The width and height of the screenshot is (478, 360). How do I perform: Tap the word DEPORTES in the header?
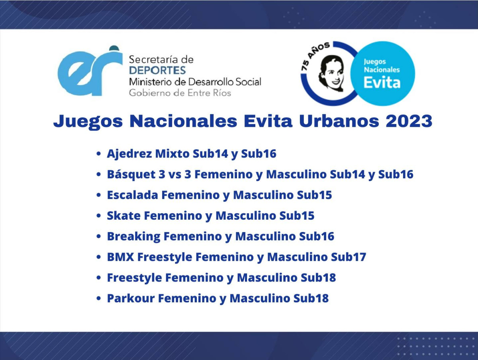tap(157, 70)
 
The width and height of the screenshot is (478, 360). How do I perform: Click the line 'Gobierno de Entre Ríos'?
tap(180, 93)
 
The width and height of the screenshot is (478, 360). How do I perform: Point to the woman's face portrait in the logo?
tap(332, 73)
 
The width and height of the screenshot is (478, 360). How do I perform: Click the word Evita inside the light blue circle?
tap(382, 83)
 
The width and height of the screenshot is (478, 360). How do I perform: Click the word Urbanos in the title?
tap(339, 121)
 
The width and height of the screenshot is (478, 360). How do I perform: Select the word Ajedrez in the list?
tap(129, 154)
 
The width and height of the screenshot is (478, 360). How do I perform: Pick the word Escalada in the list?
tap(132, 195)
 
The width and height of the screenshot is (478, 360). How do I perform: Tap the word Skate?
tap(124, 216)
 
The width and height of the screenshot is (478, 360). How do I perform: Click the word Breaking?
tap(133, 237)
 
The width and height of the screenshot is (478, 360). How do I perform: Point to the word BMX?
tap(120, 257)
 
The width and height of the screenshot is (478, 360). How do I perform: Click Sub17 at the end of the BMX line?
tap(349, 257)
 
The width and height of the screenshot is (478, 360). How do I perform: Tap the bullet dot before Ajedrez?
tap(98, 153)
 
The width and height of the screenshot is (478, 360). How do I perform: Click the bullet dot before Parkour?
tap(98, 298)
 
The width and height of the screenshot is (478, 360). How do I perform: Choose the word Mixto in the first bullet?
tap(172, 153)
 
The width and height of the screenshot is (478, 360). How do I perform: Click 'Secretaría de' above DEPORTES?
tap(161, 59)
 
